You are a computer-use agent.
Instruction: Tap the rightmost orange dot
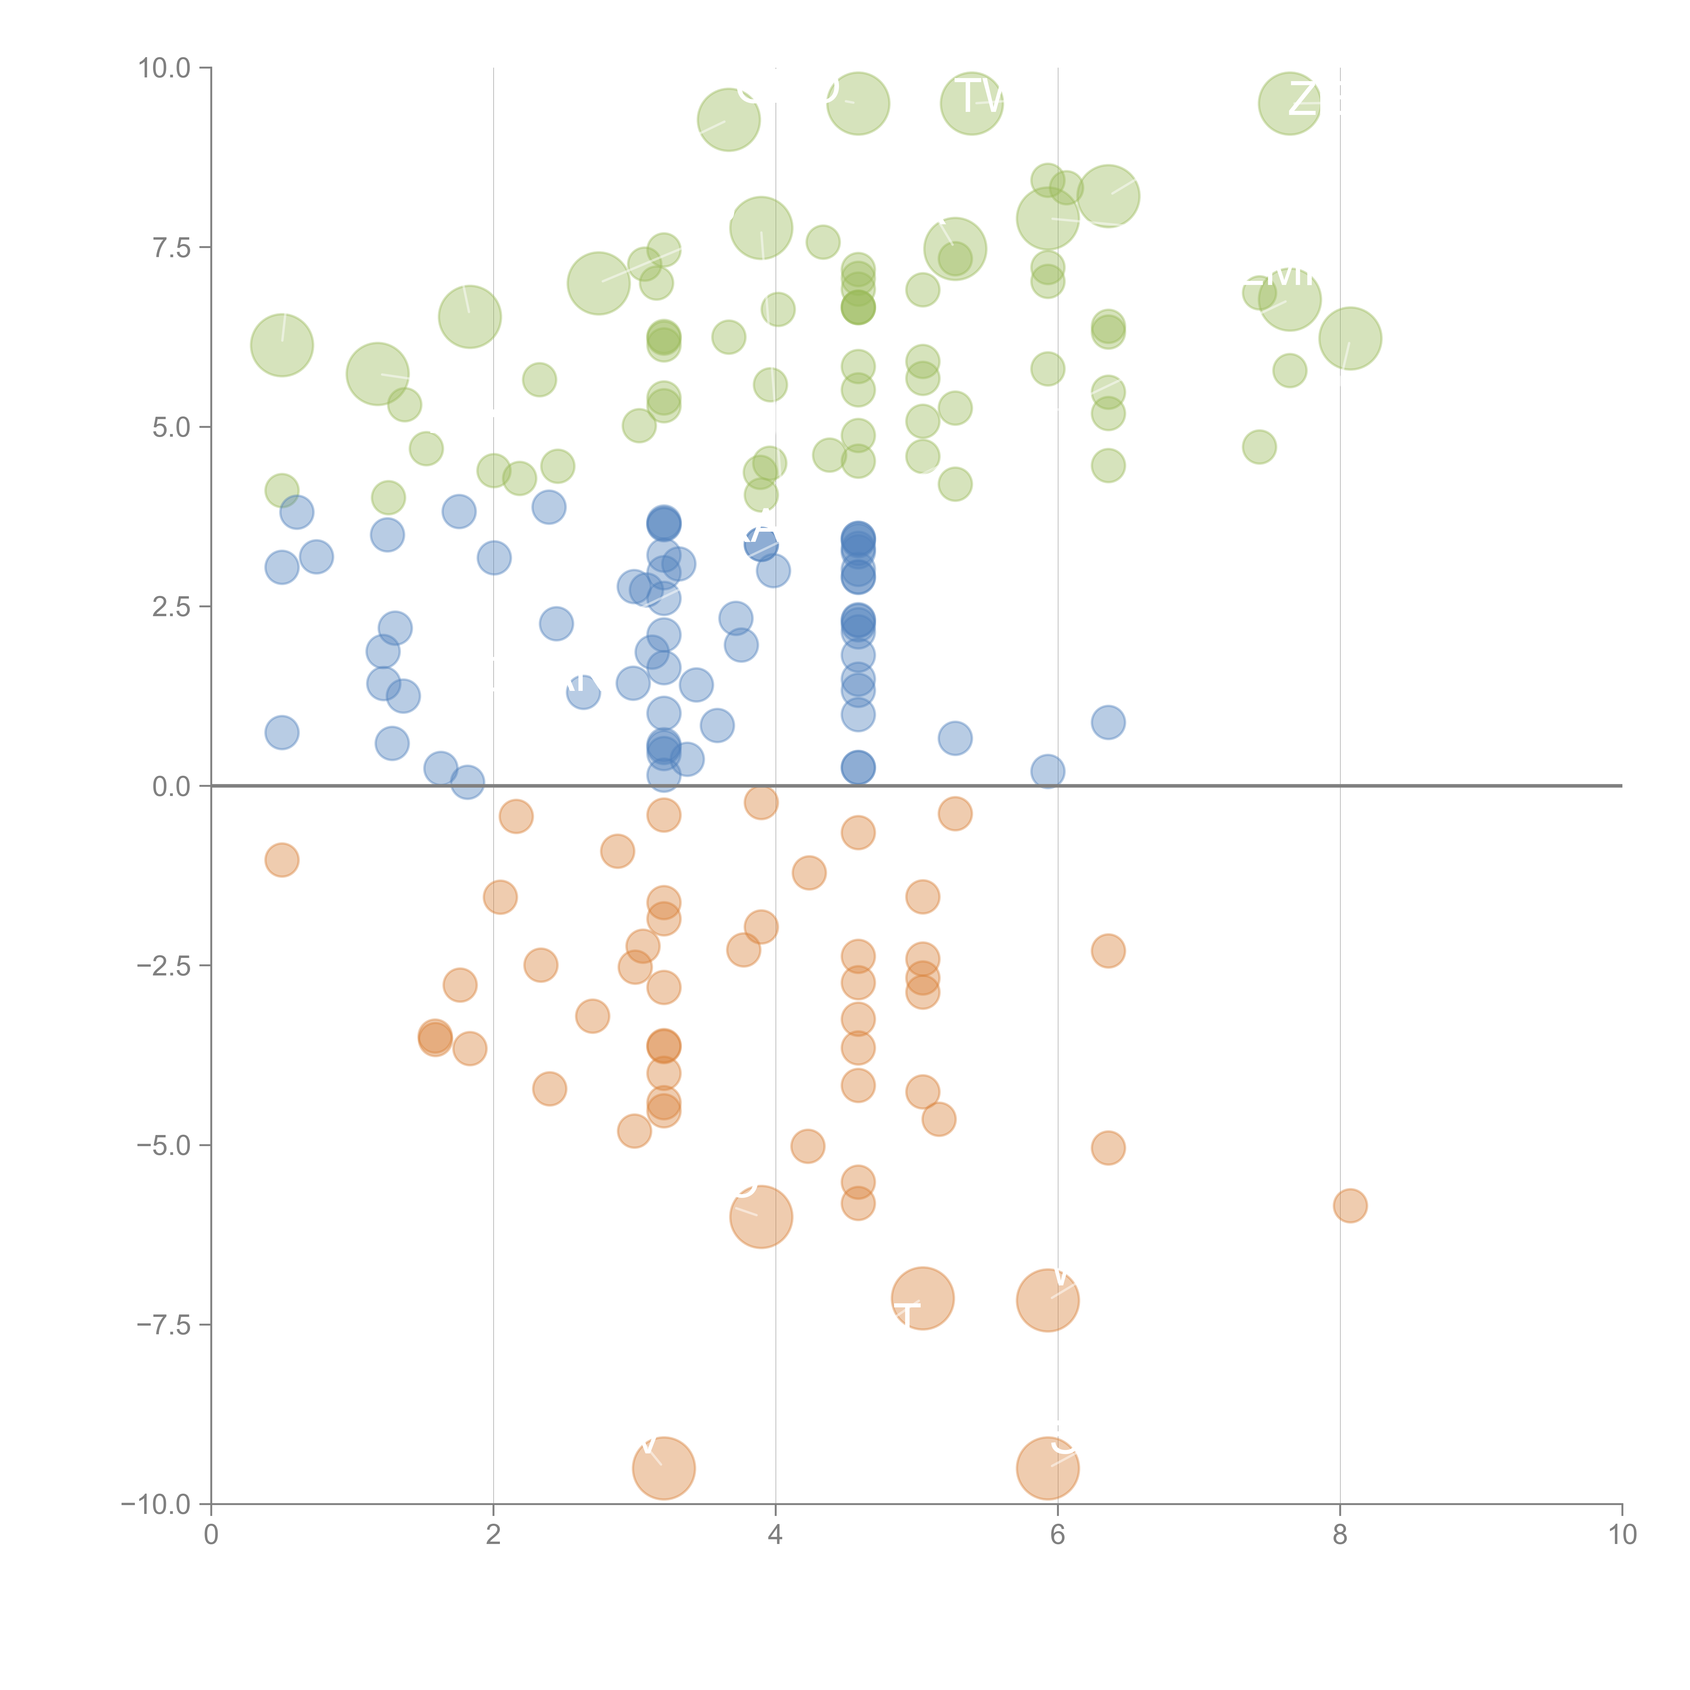[x=1350, y=1205]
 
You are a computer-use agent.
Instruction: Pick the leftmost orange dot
[x=282, y=860]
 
